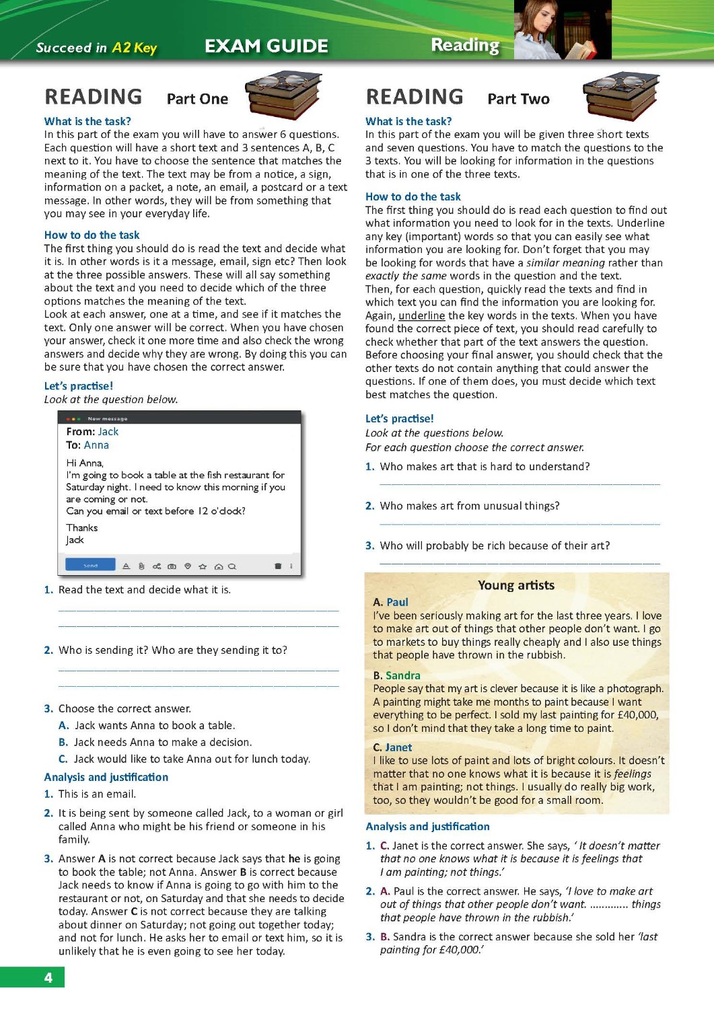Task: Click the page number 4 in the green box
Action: pyautogui.click(x=48, y=977)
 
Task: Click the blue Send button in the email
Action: pyautogui.click(x=90, y=566)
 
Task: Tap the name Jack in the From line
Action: pyautogui.click(x=108, y=432)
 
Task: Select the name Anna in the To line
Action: pyautogui.click(x=96, y=445)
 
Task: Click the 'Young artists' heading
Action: pyautogui.click(x=515, y=585)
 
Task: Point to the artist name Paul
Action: pyautogui.click(x=397, y=602)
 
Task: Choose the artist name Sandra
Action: pyautogui.click(x=402, y=675)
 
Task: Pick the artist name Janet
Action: pyautogui.click(x=398, y=747)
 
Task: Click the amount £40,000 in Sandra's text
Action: pyautogui.click(x=637, y=715)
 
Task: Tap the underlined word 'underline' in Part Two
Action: pyautogui.click(x=421, y=315)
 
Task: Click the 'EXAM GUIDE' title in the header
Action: pyautogui.click(x=266, y=46)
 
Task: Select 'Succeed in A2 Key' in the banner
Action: pyautogui.click(x=96, y=48)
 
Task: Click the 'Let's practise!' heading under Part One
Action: pyautogui.click(x=78, y=386)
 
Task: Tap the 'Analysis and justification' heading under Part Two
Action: pyautogui.click(x=427, y=827)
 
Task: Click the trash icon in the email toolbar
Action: pyautogui.click(x=277, y=566)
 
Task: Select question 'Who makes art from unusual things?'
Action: pyautogui.click(x=469, y=506)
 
